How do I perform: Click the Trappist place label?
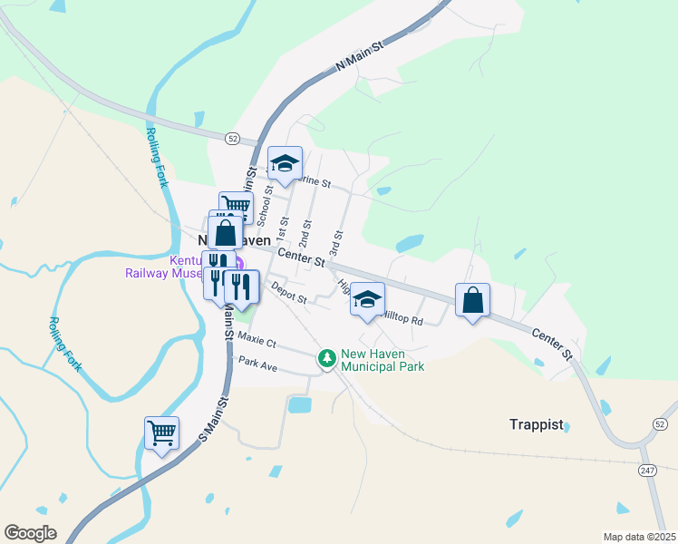536,424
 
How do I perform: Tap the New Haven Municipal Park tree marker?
326,359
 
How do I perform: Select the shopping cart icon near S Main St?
161,433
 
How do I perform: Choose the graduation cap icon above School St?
285,164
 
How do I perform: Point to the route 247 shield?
647,470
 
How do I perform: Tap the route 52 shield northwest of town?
233,139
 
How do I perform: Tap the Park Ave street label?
257,362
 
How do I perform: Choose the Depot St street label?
289,293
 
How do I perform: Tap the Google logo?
30,533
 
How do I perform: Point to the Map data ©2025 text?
638,537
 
